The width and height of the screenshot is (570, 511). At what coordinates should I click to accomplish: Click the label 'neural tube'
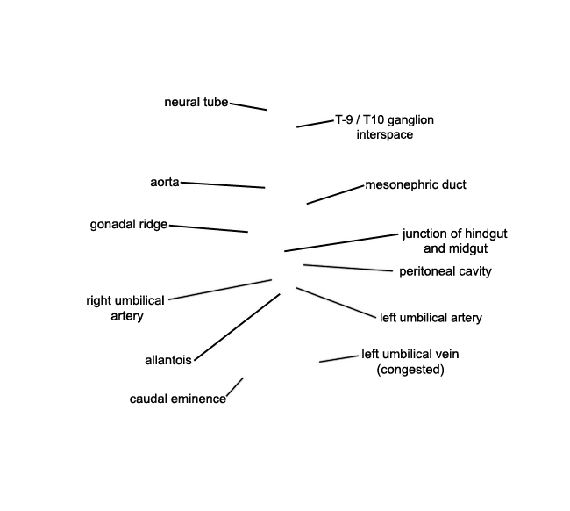pos(196,102)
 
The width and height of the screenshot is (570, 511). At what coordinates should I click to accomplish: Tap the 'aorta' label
pos(165,182)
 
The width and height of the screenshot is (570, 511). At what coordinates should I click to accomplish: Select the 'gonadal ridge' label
pos(129,225)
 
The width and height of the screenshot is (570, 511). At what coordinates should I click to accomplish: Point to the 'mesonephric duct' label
pos(416,185)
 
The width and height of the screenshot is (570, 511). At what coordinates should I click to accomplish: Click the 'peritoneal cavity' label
pos(445,271)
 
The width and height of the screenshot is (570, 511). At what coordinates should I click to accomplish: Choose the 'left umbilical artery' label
pos(431,318)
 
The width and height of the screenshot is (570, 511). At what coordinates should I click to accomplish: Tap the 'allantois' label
pos(168,360)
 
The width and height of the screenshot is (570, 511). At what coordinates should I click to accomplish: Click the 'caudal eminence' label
pos(178,399)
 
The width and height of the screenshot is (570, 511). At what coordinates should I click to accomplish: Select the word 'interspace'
pos(385,134)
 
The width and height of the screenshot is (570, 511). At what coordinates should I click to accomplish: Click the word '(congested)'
pos(410,370)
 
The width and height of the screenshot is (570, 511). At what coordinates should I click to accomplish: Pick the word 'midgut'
pos(469,249)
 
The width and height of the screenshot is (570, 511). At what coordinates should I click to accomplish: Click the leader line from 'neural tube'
pos(248,106)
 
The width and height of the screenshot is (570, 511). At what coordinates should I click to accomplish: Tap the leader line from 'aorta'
pos(223,185)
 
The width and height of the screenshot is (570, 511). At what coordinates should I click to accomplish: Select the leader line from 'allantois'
pos(238,327)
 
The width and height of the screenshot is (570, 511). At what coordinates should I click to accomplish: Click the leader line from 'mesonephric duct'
pos(335,195)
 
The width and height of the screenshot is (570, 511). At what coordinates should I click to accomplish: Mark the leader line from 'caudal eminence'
pos(235,386)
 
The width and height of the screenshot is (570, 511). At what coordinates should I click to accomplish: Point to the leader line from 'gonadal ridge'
pos(209,228)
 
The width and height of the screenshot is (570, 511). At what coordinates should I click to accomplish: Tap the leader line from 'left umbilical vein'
pos(338,359)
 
